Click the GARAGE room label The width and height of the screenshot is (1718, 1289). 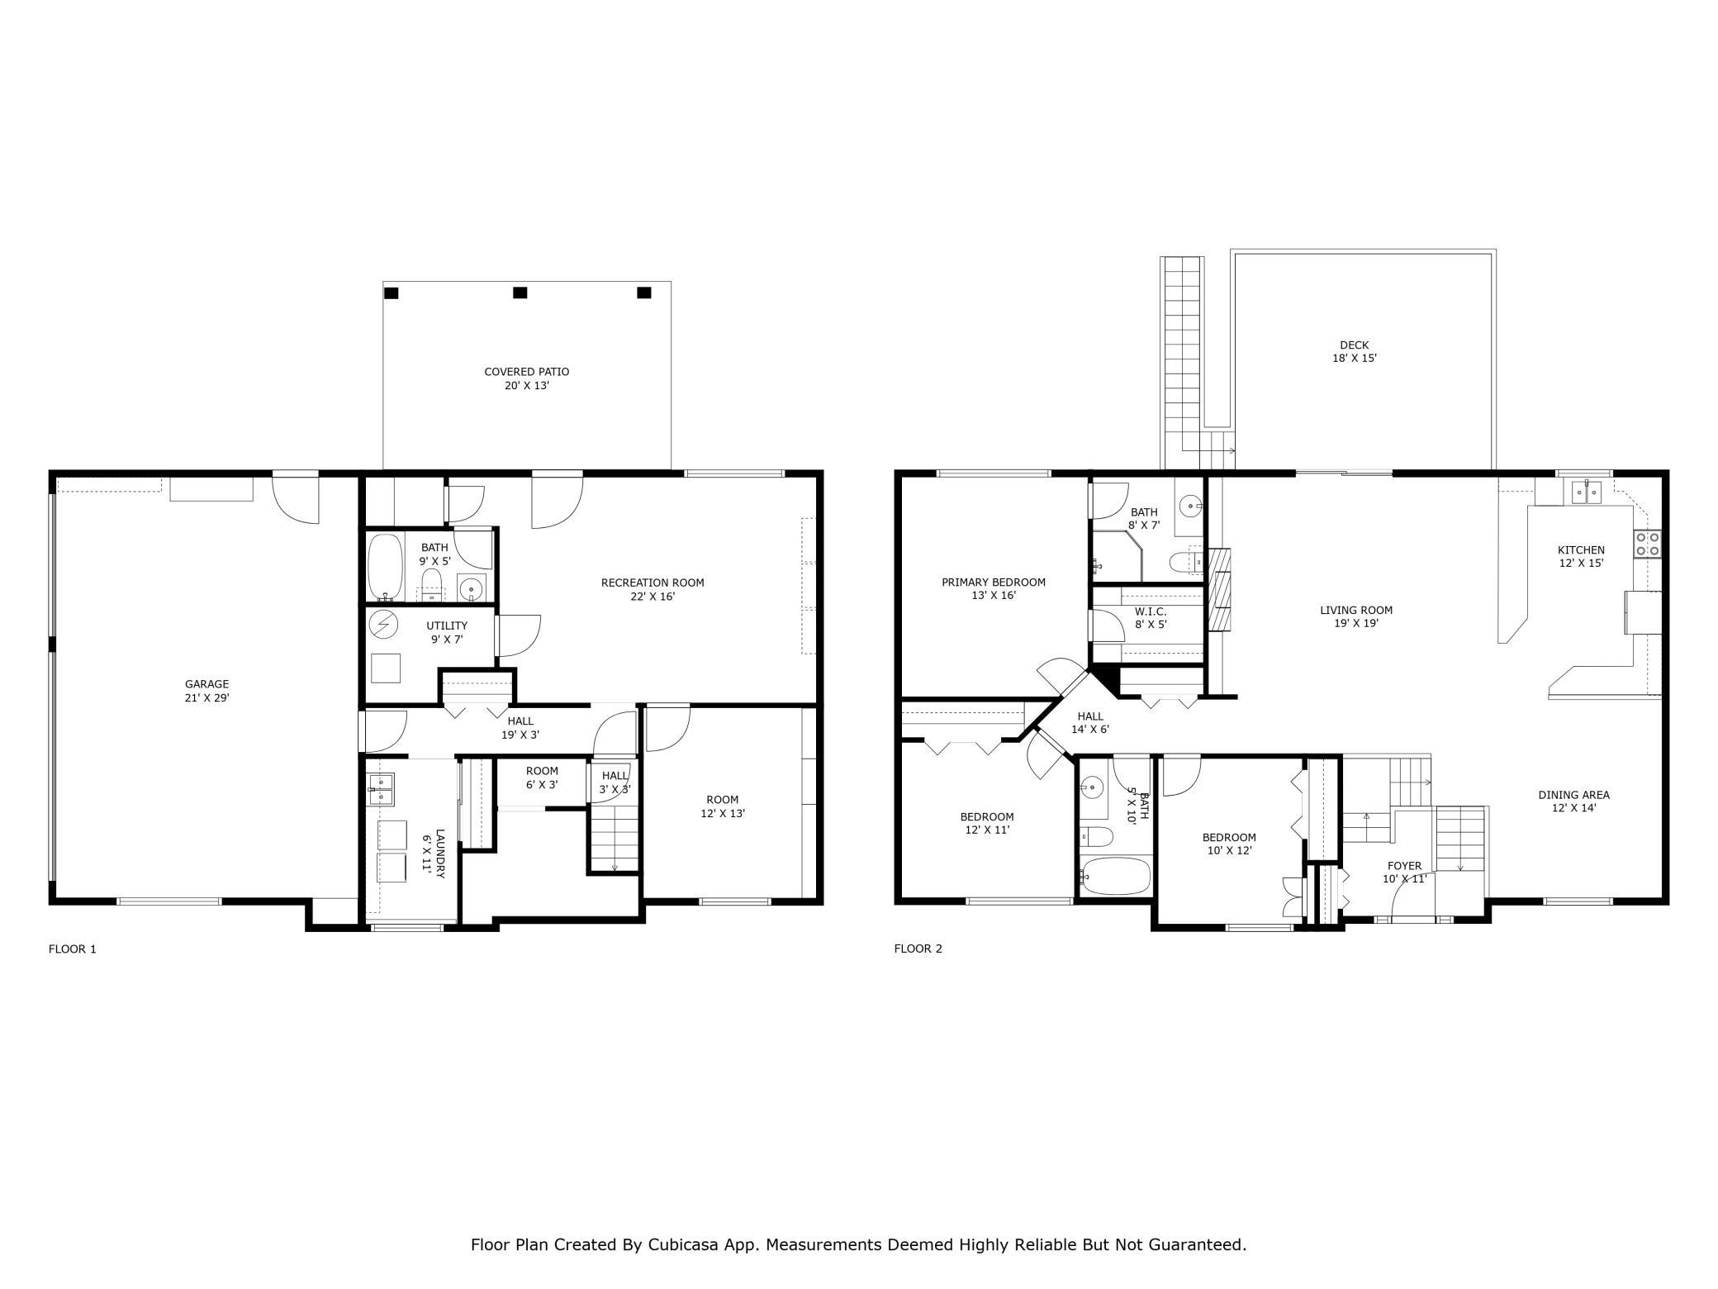click(206, 691)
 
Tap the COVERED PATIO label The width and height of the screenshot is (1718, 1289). click(527, 378)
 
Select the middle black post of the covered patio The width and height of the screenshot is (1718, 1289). click(520, 293)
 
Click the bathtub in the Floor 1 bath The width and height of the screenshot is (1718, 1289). click(385, 568)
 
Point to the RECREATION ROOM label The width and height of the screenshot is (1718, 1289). click(653, 589)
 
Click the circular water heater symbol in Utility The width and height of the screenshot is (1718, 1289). click(383, 625)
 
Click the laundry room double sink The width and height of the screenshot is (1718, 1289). click(381, 789)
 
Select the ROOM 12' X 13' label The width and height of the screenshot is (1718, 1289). click(723, 806)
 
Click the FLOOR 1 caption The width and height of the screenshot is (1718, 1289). click(73, 949)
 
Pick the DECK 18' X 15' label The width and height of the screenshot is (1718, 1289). click(1355, 352)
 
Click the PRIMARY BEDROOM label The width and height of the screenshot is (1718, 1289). click(994, 588)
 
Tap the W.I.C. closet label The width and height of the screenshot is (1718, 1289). click(1151, 618)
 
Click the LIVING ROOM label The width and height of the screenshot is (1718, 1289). click(1356, 616)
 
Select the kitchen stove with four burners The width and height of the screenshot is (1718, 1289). click(1649, 544)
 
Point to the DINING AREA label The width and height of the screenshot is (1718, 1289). click(1573, 801)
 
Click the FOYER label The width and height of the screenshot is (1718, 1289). click(1404, 873)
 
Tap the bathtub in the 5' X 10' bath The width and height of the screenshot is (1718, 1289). click(1116, 876)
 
